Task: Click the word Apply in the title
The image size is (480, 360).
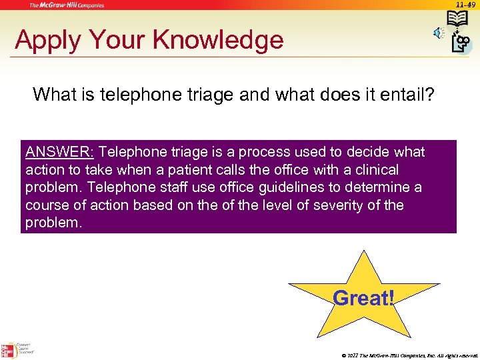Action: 45,41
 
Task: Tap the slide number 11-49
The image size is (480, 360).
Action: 466,5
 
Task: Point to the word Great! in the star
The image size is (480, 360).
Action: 363,298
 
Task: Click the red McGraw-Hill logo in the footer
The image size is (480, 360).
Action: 9,349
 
